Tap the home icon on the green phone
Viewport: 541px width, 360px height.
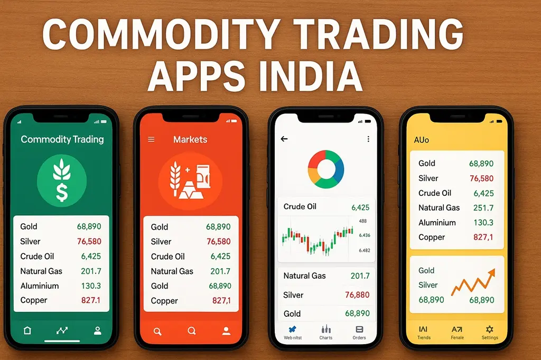[x=27, y=330]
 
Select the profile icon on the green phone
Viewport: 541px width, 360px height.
[x=97, y=330]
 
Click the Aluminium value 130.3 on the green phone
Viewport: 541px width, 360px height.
[x=91, y=286]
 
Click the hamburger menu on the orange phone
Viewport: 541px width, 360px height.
[x=151, y=140]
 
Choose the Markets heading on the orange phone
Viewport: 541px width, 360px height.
[x=190, y=140]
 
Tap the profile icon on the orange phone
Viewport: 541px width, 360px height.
[x=226, y=331]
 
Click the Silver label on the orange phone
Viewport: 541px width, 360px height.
[x=161, y=242]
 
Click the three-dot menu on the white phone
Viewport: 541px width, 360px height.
[x=368, y=139]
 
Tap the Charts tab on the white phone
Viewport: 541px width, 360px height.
[x=326, y=332]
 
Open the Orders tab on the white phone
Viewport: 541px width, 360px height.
[x=359, y=332]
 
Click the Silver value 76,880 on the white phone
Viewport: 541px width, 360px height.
[x=357, y=295]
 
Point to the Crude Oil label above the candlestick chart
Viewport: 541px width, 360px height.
[x=300, y=206]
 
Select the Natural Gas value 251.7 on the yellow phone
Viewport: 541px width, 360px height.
[x=483, y=208]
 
